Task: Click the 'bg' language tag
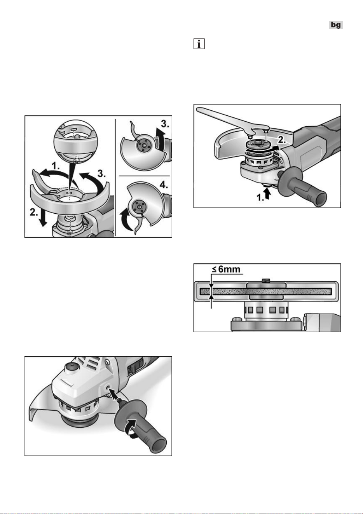(x=336, y=25)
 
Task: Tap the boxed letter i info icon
(x=199, y=44)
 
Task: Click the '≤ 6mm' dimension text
(x=226, y=269)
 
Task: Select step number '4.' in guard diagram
(x=164, y=185)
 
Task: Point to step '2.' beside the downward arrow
(x=34, y=213)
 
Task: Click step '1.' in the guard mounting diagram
(x=56, y=166)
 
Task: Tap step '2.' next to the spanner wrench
(x=282, y=139)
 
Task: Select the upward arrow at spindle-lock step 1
(x=267, y=193)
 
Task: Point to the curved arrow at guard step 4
(x=126, y=221)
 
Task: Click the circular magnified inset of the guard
(x=75, y=141)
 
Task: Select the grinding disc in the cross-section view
(x=266, y=292)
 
